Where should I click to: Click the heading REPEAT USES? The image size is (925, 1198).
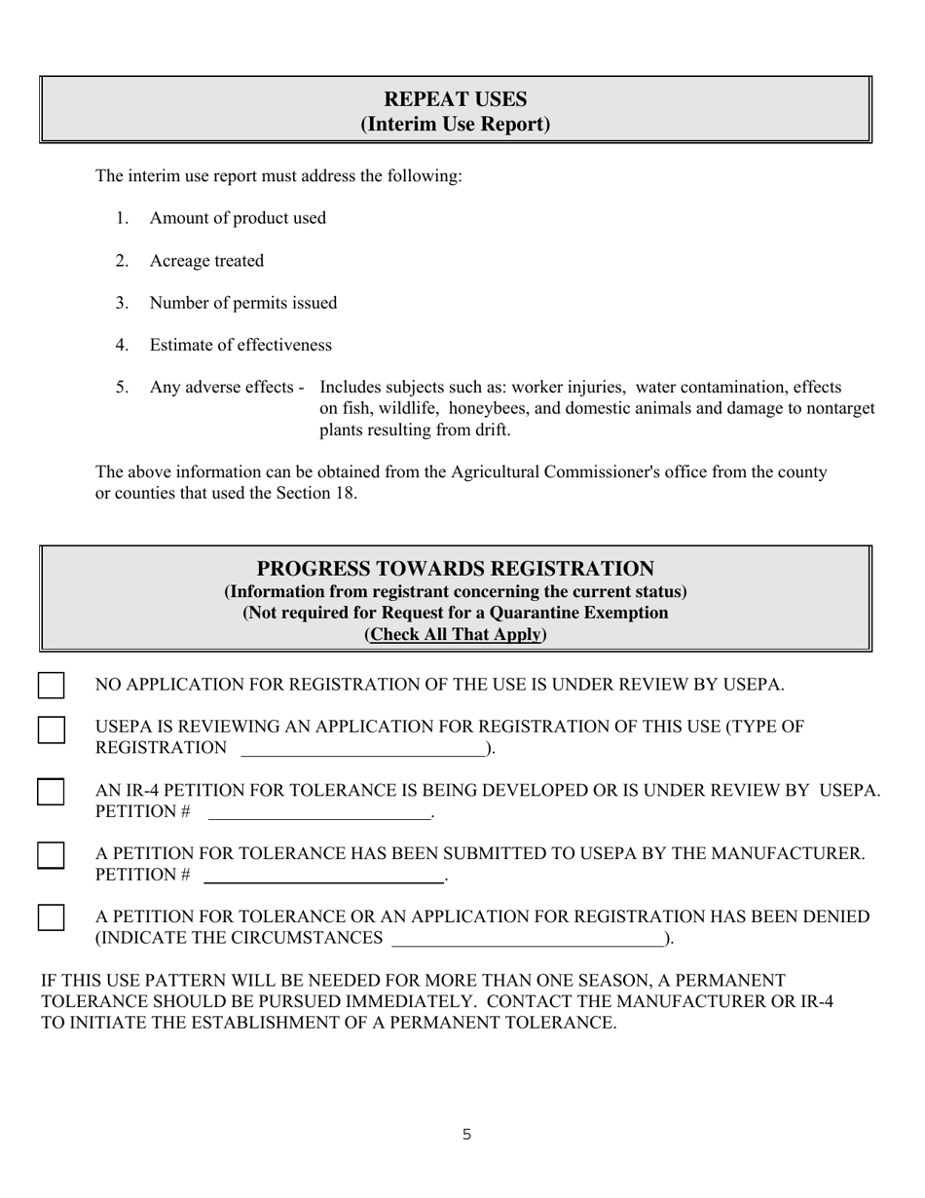pyautogui.click(x=455, y=99)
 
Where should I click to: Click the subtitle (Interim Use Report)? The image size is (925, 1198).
pyautogui.click(x=455, y=125)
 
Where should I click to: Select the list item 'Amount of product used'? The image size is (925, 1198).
pyautogui.click(x=238, y=218)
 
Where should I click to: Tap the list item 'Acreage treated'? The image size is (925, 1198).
pyautogui.click(x=206, y=261)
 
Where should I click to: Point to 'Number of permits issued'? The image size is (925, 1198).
pyautogui.click(x=243, y=303)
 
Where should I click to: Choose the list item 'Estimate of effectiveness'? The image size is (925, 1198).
pyautogui.click(x=240, y=345)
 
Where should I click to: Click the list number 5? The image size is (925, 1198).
pyautogui.click(x=122, y=387)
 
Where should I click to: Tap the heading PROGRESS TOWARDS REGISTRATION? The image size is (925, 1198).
pyautogui.click(x=455, y=569)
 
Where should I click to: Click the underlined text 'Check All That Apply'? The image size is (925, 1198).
pyautogui.click(x=455, y=634)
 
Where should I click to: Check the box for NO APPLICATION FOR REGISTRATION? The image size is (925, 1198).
pyautogui.click(x=52, y=686)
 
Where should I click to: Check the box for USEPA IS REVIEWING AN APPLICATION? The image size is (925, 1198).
pyautogui.click(x=52, y=730)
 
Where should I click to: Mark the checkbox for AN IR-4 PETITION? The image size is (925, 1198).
pyautogui.click(x=52, y=792)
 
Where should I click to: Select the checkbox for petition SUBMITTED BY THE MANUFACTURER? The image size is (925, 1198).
pyautogui.click(x=52, y=855)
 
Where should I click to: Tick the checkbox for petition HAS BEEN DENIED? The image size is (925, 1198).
pyautogui.click(x=52, y=917)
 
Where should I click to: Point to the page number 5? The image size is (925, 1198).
pyautogui.click(x=467, y=1135)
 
